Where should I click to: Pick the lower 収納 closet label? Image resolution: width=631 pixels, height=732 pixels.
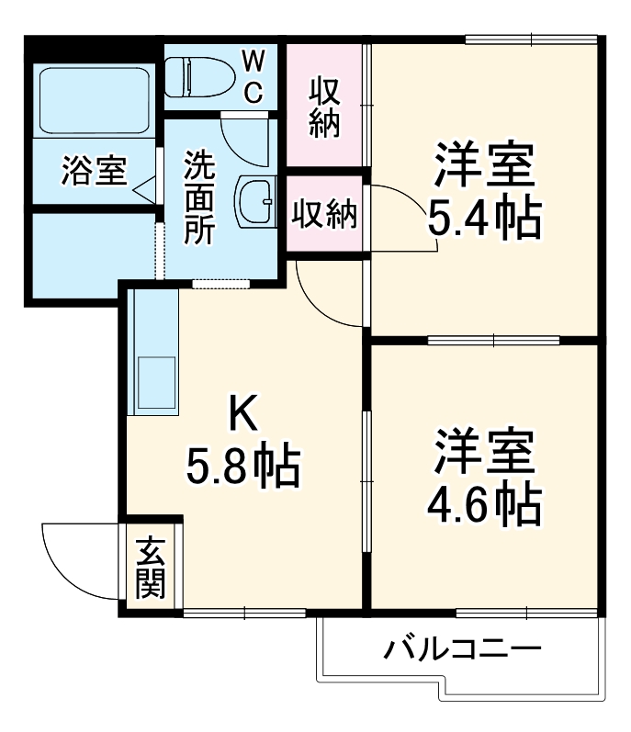click(x=325, y=215)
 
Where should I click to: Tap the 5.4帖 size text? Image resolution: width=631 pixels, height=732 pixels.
click(x=482, y=217)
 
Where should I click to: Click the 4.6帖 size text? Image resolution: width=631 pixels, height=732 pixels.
click(x=482, y=500)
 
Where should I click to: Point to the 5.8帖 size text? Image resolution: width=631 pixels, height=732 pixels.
click(x=243, y=468)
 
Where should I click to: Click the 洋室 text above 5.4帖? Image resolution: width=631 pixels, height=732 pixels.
click(x=483, y=165)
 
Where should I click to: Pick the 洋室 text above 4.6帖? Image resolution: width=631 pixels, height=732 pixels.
click(x=483, y=450)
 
